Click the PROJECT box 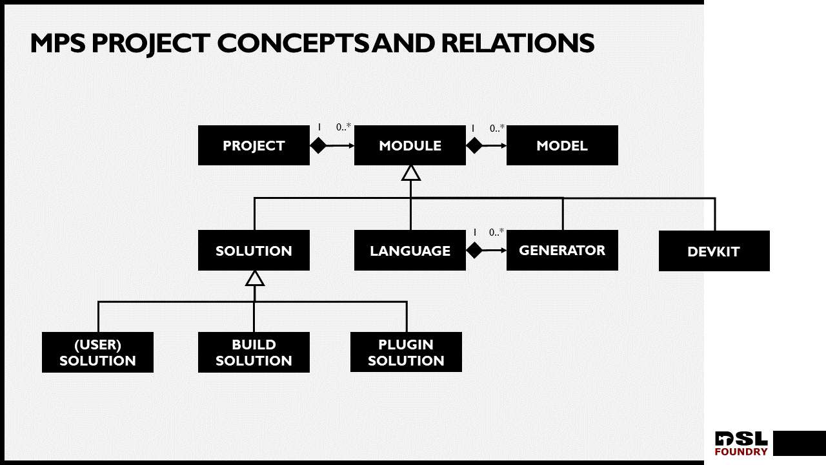254,145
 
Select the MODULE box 410,145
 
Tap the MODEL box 562,145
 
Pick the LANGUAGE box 410,251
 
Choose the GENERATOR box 562,250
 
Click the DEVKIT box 714,251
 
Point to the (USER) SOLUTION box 97,353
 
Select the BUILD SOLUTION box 254,353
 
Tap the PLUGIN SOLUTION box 406,353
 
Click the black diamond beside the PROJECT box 319,145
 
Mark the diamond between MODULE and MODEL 474,145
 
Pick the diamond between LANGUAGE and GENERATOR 474,251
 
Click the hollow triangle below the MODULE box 411,172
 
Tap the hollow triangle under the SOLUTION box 255,278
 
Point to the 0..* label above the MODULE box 343,127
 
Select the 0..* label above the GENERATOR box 496,232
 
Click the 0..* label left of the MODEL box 497,128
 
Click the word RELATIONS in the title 518,43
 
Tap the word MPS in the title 58,43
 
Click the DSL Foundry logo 741,444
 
